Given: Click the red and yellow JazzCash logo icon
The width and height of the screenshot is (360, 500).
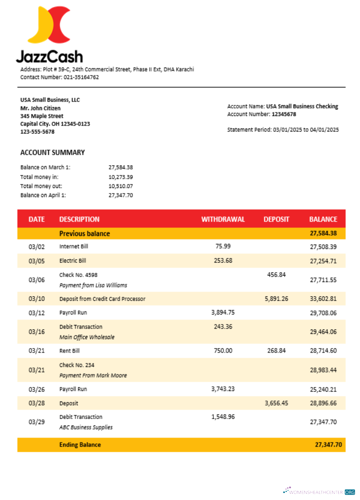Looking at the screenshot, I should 49,25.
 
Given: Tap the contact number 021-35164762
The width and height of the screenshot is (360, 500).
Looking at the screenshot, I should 81,77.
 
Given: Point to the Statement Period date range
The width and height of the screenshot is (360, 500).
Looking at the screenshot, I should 306,129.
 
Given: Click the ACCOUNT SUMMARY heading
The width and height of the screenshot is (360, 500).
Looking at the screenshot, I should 52,152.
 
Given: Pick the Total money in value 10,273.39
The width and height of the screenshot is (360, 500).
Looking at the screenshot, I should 120,177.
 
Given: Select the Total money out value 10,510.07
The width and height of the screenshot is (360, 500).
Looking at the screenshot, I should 120,186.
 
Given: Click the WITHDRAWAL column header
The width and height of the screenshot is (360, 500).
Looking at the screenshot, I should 223,219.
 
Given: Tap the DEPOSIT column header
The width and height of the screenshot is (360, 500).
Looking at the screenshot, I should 276,219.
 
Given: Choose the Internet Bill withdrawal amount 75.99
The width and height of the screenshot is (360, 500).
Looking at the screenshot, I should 223,246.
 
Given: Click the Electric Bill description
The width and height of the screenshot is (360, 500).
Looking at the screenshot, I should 72,260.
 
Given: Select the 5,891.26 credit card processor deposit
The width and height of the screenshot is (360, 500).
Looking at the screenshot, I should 276,298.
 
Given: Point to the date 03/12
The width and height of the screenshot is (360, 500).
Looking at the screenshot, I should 36,313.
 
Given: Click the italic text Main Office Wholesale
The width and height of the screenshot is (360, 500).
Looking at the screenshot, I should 86,337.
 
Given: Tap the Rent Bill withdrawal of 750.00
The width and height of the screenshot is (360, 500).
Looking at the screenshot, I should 223,350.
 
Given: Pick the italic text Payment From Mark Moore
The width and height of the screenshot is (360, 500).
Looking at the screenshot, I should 93,375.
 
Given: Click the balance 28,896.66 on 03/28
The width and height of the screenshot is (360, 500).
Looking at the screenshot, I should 323,403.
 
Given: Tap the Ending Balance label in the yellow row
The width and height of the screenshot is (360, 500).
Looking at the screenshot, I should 80,444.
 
